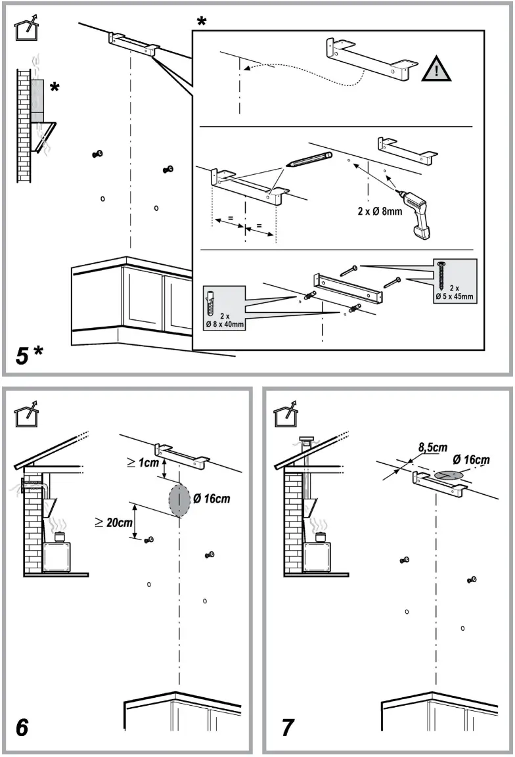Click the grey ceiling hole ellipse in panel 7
pyautogui.click(x=448, y=474)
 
